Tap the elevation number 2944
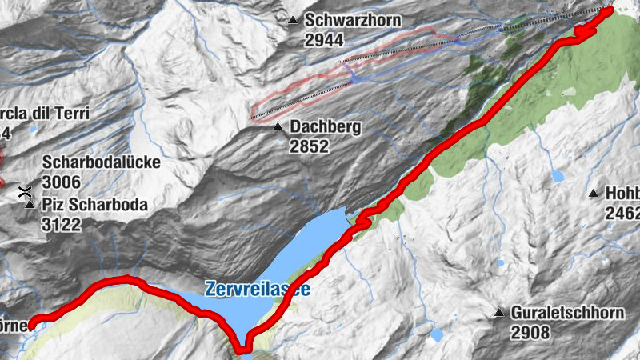point(322,38)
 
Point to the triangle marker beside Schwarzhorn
point(294,20)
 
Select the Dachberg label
point(326,127)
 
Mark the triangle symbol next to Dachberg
point(277,127)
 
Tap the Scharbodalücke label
point(101,162)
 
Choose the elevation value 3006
point(61,182)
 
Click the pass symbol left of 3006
point(26,190)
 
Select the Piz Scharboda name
point(94,205)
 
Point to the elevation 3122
point(61,224)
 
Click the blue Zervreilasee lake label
point(257,288)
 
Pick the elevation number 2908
point(531,332)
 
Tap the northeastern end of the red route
point(610,10)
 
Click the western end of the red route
point(33,323)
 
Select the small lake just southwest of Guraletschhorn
point(438,334)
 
